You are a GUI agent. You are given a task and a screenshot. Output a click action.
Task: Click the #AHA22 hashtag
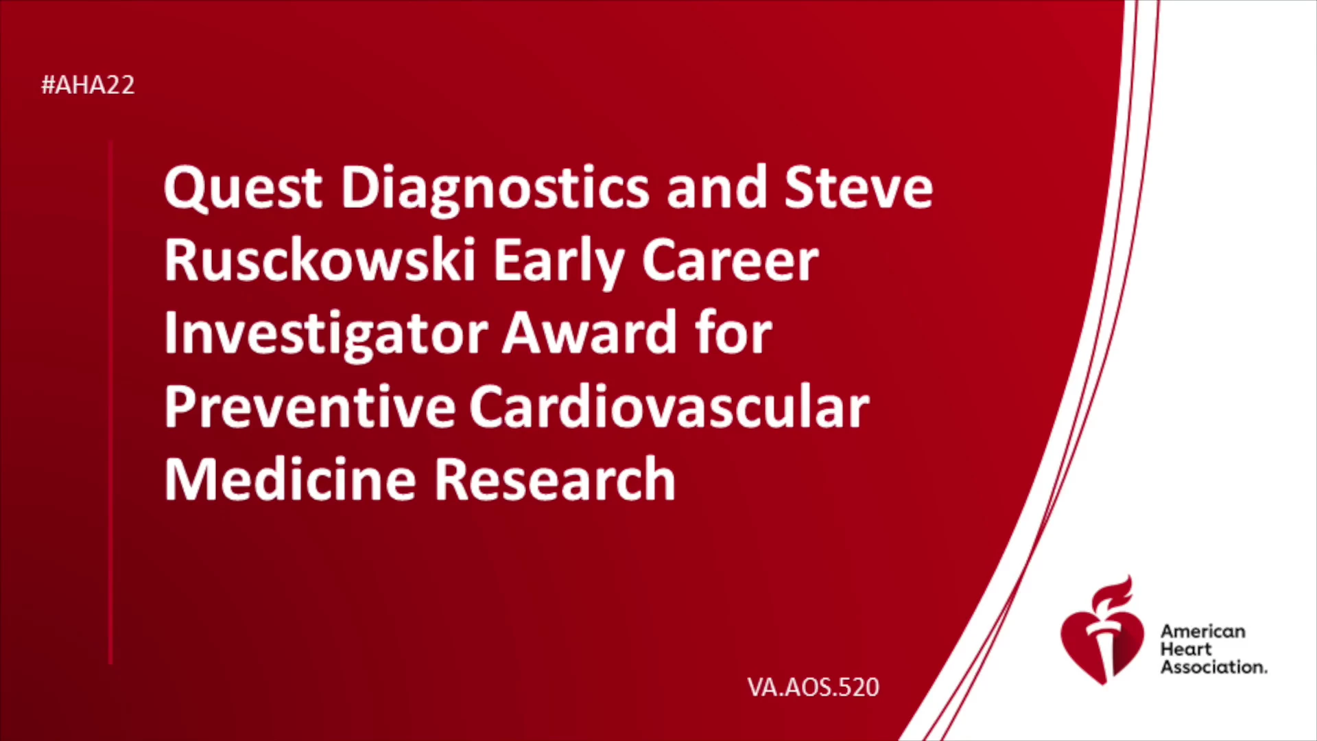(88, 85)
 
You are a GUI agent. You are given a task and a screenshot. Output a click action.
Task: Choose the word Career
(730, 261)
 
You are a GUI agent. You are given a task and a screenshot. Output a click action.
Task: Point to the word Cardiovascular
(669, 405)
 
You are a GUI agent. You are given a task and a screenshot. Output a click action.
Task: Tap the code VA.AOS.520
(814, 687)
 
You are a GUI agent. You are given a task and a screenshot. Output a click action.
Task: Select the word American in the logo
(1203, 631)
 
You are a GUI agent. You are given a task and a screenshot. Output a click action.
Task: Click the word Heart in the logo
(1186, 649)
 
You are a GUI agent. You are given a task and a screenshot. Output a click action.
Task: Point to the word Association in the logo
(1213, 667)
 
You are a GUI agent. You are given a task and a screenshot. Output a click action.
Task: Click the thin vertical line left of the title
(110, 402)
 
